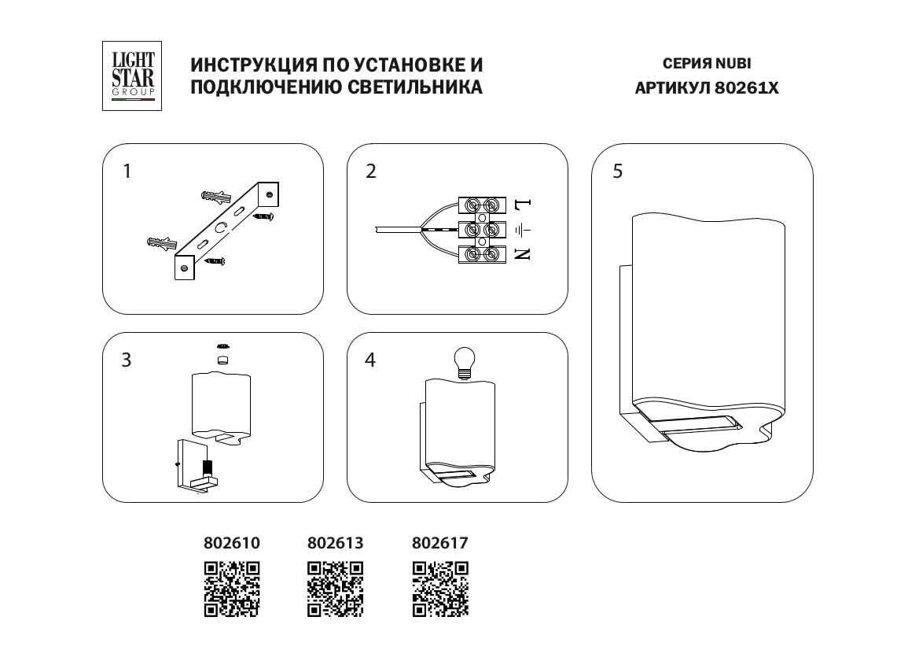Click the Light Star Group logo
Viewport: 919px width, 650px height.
coord(131,76)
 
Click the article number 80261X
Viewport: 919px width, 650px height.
coord(746,89)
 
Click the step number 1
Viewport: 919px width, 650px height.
coord(127,171)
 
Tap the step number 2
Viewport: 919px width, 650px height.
coord(371,171)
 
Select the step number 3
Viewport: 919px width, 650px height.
coord(126,360)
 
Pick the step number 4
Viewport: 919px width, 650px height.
coord(370,360)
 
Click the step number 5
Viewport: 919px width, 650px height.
coord(617,171)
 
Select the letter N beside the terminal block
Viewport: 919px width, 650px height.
coord(523,253)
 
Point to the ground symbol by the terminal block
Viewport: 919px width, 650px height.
coord(523,230)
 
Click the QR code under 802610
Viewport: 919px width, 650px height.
coord(232,588)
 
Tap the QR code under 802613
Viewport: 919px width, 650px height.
coord(335,588)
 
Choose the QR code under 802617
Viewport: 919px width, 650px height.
coord(440,588)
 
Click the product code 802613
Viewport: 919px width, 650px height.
coord(335,543)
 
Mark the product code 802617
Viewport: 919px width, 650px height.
coord(440,543)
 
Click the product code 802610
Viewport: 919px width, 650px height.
coord(232,543)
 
